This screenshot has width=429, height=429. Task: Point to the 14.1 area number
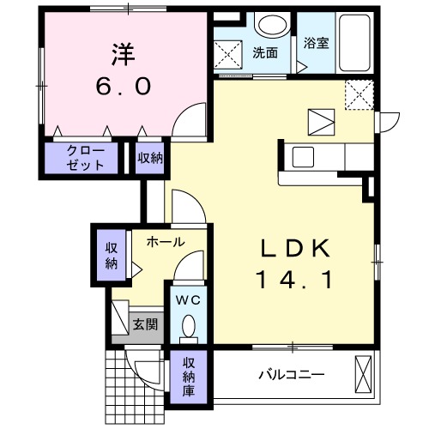pyautogui.click(x=294, y=279)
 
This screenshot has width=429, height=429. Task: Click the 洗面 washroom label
pyautogui.click(x=264, y=52)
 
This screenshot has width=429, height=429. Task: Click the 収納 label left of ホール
pyautogui.click(x=111, y=255)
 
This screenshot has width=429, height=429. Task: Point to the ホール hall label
pyautogui.click(x=165, y=242)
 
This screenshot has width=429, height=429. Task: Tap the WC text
pyautogui.click(x=187, y=300)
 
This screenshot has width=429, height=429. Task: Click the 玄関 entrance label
pyautogui.click(x=144, y=324)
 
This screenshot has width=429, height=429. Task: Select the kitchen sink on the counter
pyautogui.click(x=304, y=157)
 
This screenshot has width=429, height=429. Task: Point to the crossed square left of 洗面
pyautogui.click(x=230, y=53)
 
